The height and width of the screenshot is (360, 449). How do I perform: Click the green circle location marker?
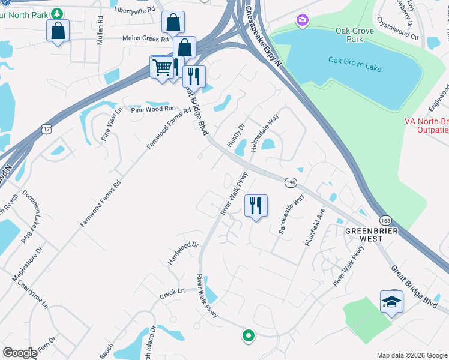[247, 335]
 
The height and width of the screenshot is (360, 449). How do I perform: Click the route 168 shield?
[385, 221]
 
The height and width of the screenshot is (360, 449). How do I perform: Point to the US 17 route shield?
[46, 128]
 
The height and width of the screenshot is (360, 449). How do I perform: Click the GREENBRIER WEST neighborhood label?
[364, 234]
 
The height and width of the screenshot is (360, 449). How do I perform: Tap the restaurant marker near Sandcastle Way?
[256, 206]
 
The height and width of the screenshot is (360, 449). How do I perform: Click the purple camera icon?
[302, 22]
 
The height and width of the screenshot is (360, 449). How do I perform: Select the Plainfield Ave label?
[318, 230]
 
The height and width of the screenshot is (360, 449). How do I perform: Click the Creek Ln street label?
[172, 292]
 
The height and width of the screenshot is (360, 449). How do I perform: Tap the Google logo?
[20, 353]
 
